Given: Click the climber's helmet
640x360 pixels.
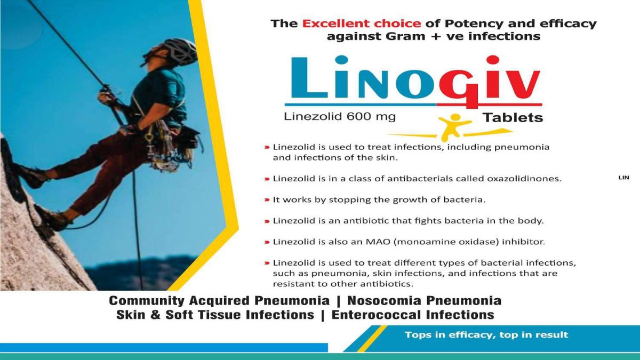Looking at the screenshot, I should click(180, 51).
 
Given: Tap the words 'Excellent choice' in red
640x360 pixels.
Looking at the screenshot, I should click(362, 23).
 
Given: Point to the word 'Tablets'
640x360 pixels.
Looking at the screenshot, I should click(513, 117).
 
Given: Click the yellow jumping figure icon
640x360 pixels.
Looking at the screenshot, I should click(458, 126).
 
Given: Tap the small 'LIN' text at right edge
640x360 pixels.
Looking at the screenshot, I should click(623, 178).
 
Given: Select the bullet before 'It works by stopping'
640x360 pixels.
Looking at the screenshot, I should click(267, 200).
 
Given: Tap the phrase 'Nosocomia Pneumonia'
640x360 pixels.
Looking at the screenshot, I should click(424, 301).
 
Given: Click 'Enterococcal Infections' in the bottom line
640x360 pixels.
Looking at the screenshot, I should click(413, 315).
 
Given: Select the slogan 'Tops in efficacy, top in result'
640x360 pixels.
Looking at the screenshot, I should click(486, 335).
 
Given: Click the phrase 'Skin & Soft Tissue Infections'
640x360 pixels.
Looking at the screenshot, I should click(215, 315).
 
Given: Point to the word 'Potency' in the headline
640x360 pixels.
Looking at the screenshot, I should click(469, 23).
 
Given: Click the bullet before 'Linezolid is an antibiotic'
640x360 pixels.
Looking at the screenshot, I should click(267, 221).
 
